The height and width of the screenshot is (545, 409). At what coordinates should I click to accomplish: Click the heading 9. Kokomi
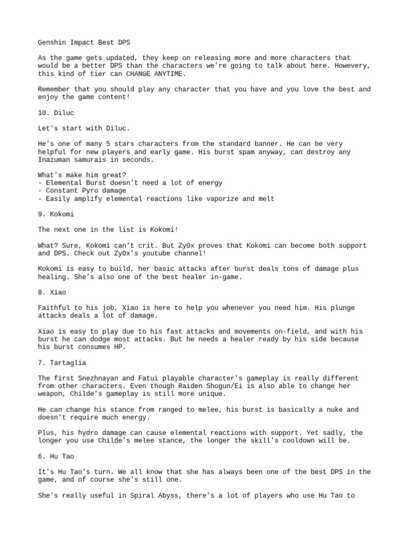[56, 214]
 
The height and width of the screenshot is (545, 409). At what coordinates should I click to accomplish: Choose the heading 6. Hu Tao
[54, 456]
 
